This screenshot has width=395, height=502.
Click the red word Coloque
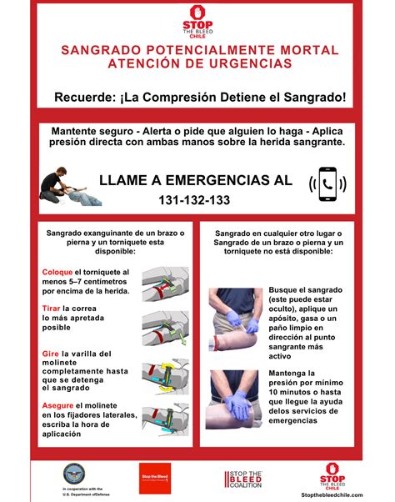coord(57,272)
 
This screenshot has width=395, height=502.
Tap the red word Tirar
coord(51,309)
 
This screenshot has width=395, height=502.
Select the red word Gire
coord(50,354)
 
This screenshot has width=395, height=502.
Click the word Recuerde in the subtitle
coord(85,98)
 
